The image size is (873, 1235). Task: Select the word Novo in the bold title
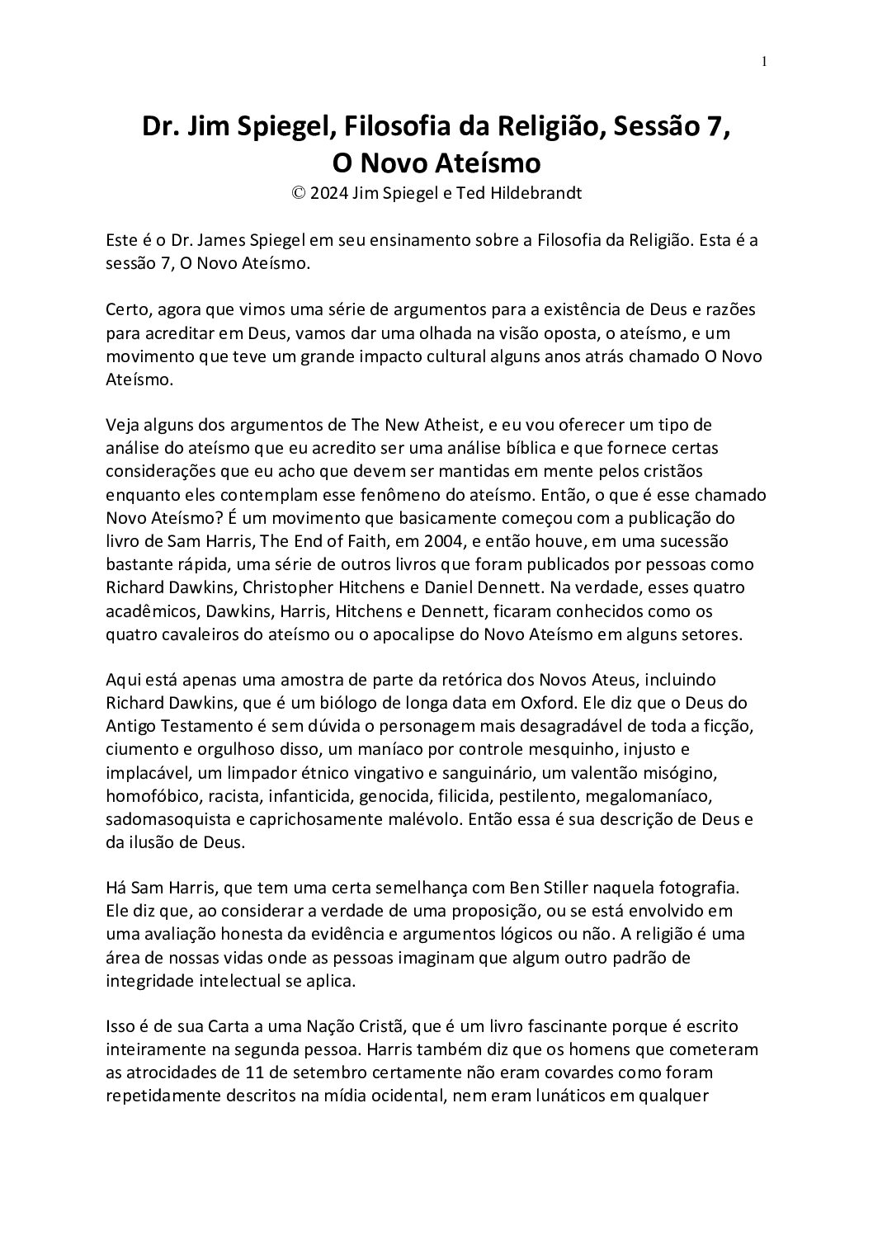(395, 163)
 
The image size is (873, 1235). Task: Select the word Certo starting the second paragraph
(125, 310)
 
